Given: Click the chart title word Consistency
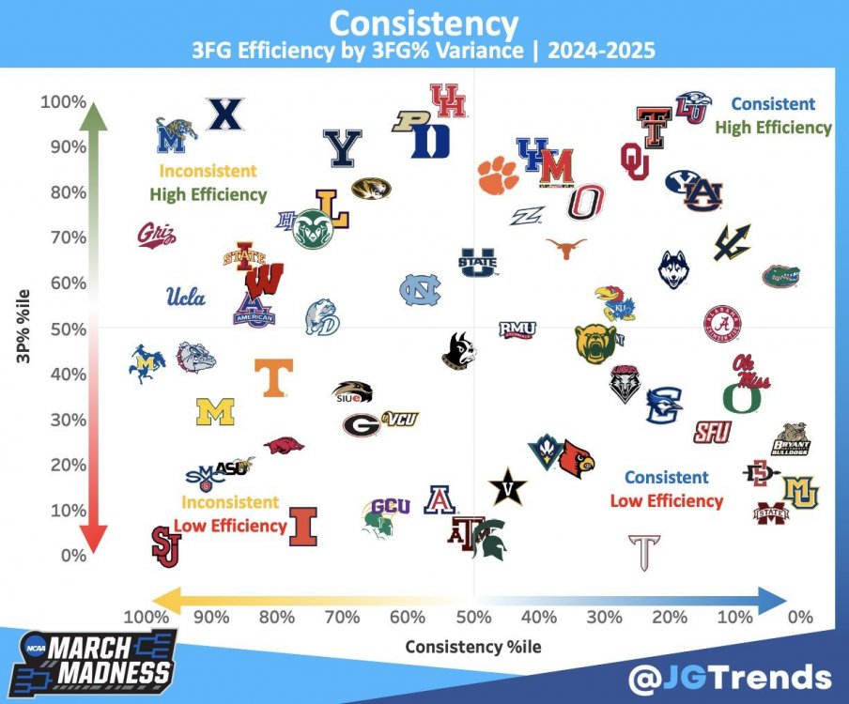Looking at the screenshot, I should [x=424, y=23].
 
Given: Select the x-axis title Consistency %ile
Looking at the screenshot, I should [x=473, y=647].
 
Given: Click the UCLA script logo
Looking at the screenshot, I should [x=185, y=298].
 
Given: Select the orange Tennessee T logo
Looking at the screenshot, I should [x=274, y=376].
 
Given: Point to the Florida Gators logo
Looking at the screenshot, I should [x=780, y=276].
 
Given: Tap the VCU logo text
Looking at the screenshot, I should [x=400, y=419].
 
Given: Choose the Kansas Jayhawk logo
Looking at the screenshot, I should [x=614, y=302].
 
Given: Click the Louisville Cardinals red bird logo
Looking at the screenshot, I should [x=577, y=459].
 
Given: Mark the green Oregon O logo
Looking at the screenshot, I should [x=742, y=397].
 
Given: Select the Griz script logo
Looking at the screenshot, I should [x=157, y=234].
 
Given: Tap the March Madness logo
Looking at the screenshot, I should [x=99, y=663].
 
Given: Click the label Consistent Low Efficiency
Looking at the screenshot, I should [x=667, y=489].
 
